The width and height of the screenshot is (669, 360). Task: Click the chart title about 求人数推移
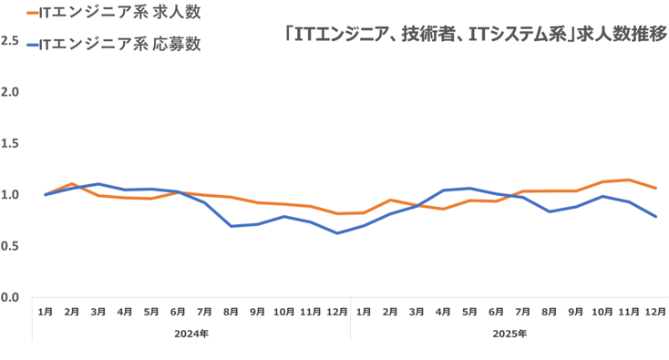[x=476, y=35]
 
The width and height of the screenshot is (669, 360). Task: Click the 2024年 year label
[x=191, y=334]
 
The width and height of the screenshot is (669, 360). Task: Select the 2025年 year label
[x=509, y=334]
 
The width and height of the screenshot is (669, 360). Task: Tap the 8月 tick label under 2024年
[x=231, y=312]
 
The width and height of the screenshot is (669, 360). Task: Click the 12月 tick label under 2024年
[x=336, y=312]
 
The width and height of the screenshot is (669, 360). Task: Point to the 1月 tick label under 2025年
[x=364, y=312]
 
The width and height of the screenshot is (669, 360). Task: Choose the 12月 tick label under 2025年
[x=654, y=312]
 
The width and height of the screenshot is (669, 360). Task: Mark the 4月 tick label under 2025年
[x=443, y=312]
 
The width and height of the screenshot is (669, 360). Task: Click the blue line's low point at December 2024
[x=336, y=233]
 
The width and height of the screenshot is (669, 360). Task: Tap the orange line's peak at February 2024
[x=72, y=184]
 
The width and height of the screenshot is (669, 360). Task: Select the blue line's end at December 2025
[x=655, y=217]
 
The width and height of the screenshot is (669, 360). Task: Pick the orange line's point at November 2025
[x=629, y=180]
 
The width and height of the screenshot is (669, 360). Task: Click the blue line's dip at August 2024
[x=231, y=226]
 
